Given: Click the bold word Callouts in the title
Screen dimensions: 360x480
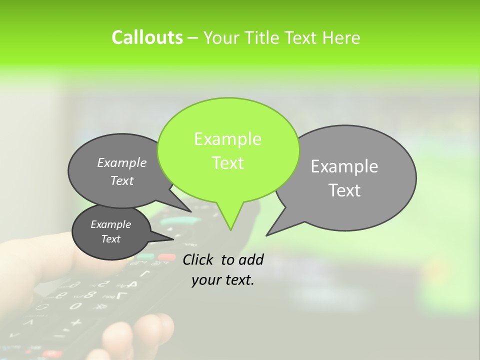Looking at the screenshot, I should pos(147,37).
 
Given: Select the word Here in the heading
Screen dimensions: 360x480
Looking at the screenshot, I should pos(341,37).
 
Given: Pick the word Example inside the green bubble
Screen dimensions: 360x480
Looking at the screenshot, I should pos(227,139).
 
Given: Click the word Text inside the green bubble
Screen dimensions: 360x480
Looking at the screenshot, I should pos(227,163).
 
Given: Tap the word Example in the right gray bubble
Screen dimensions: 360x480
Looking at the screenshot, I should pos(344,166).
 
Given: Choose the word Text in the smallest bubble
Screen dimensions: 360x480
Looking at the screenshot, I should pos(110,239).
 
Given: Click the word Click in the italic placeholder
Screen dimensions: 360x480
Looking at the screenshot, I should pos(198,259).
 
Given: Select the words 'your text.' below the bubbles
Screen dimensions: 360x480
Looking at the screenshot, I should pos(223,280).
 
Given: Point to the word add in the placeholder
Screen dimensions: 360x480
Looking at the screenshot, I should pos(251,259).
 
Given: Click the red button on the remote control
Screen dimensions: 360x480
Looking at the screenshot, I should pos(166,257).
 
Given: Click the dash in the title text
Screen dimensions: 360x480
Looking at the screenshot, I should pos(193,38).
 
